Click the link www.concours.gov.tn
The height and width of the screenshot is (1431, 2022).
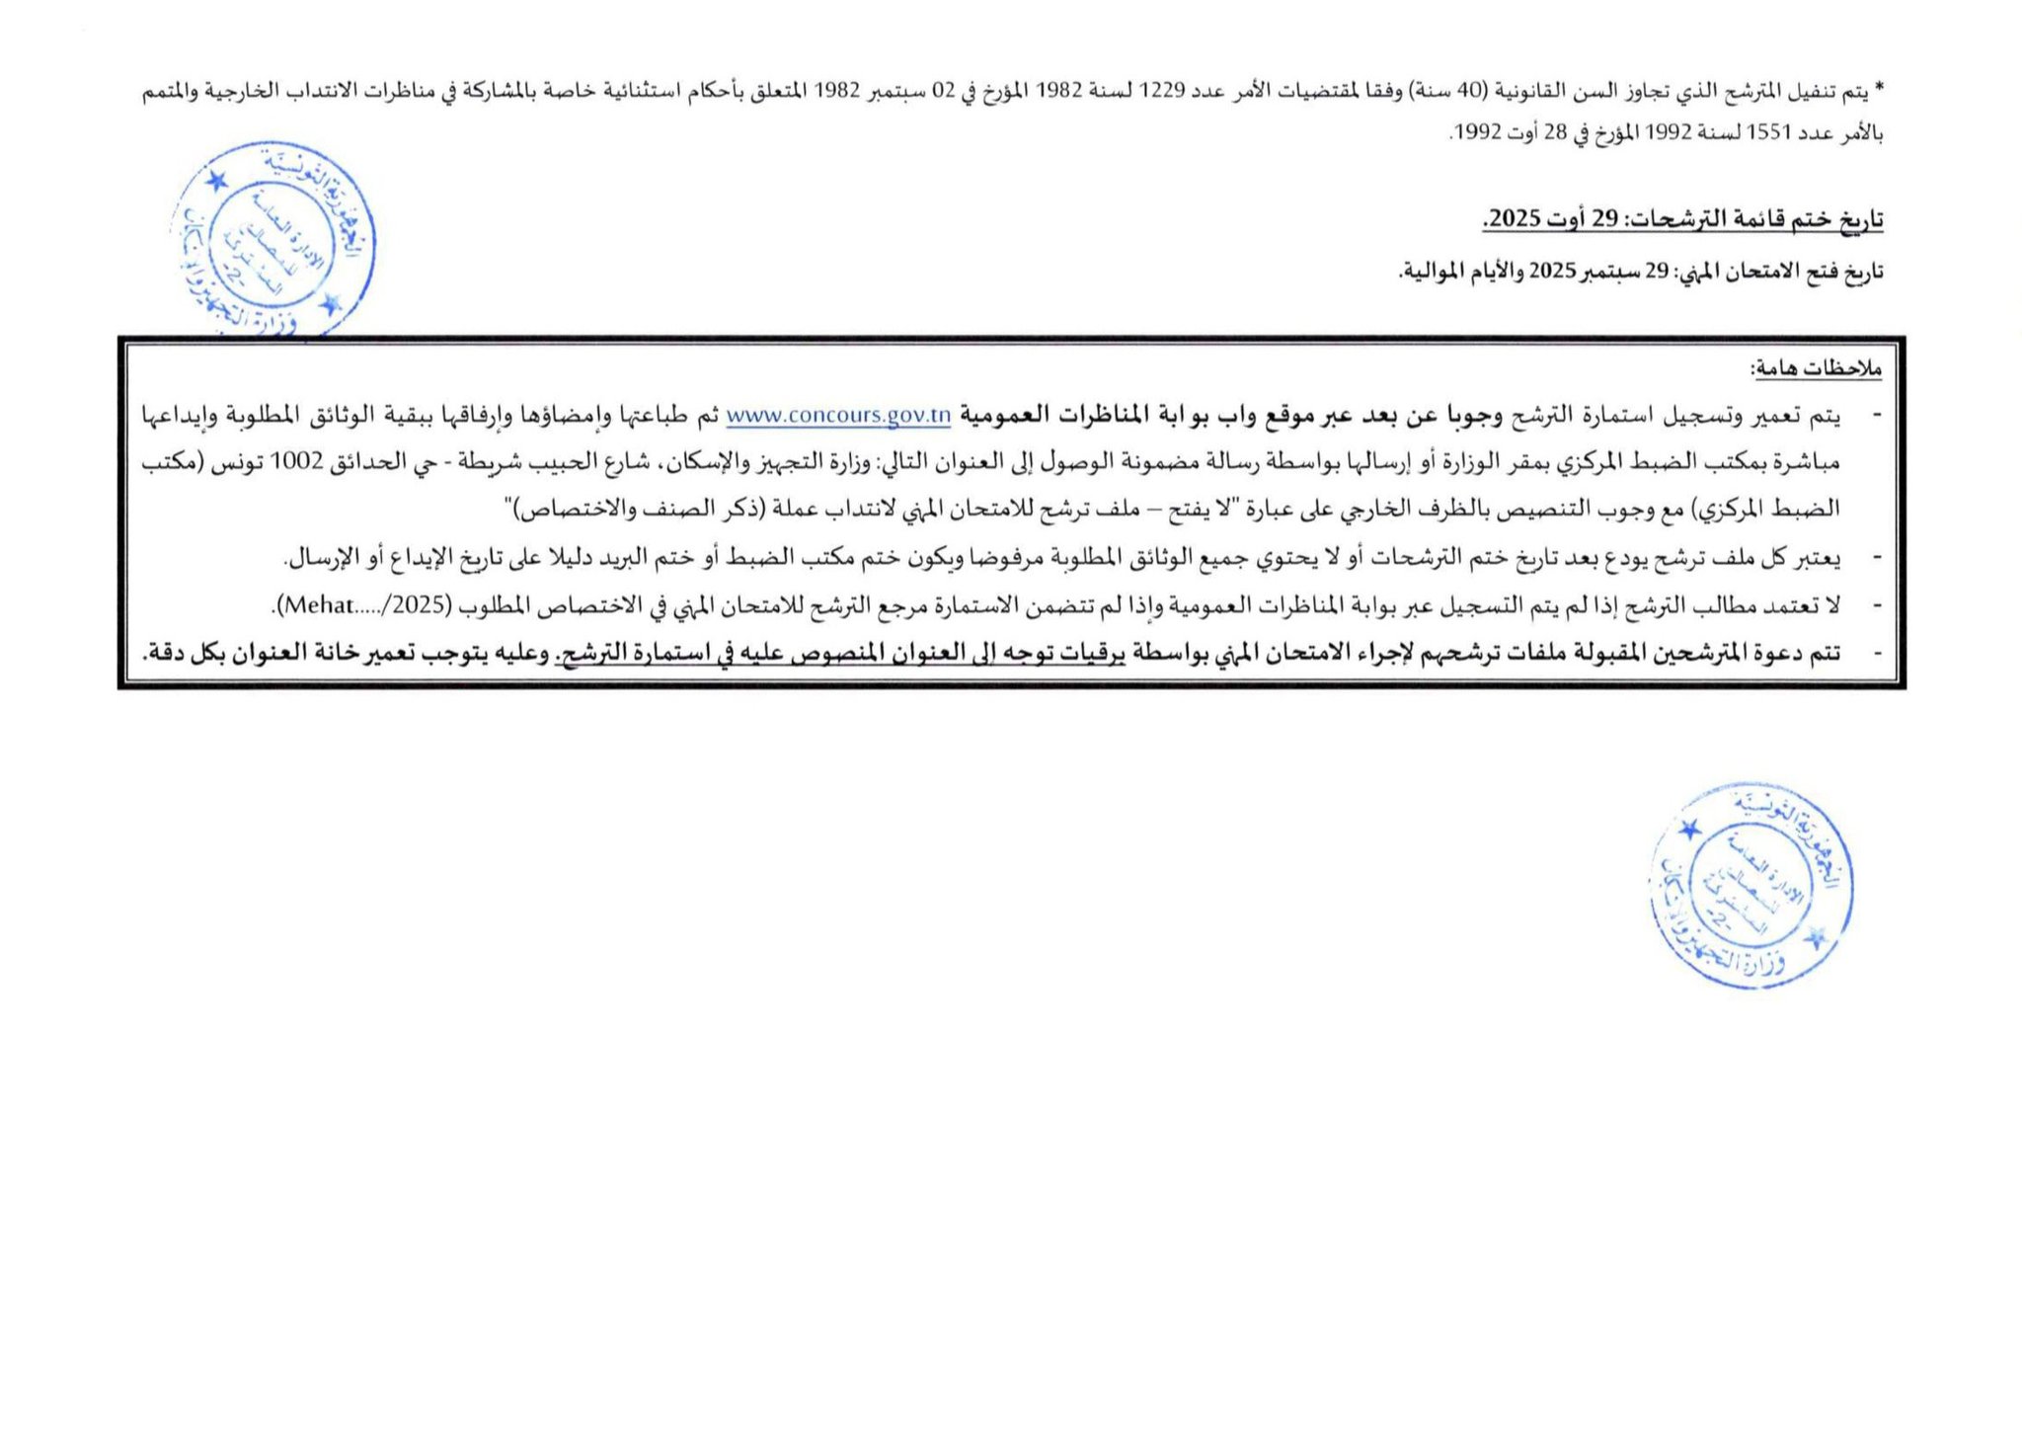click(838, 417)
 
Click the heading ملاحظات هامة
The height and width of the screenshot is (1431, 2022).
click(1816, 369)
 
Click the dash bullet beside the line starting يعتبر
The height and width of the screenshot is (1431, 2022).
click(1877, 558)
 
